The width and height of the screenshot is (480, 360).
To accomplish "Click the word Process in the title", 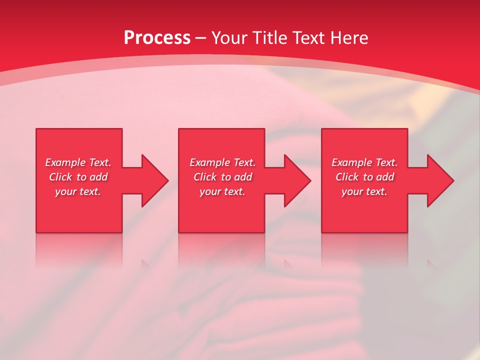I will click(x=157, y=38).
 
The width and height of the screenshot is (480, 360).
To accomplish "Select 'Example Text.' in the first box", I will click(x=78, y=162).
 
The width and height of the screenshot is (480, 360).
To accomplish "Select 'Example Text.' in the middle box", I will click(x=222, y=162).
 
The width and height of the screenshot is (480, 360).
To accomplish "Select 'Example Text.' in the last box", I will click(x=364, y=162).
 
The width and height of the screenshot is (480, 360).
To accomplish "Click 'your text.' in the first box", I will click(x=78, y=191).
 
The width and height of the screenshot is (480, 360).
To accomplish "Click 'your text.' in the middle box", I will click(x=222, y=191).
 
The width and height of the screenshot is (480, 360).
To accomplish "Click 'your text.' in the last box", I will click(x=364, y=191).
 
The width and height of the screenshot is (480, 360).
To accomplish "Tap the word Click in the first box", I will click(x=60, y=177).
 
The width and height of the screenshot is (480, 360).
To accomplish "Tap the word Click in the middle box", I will click(x=205, y=177).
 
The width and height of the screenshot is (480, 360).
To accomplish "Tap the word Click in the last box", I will click(x=347, y=177).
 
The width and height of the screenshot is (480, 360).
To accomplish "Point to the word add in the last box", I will click(x=385, y=177).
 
